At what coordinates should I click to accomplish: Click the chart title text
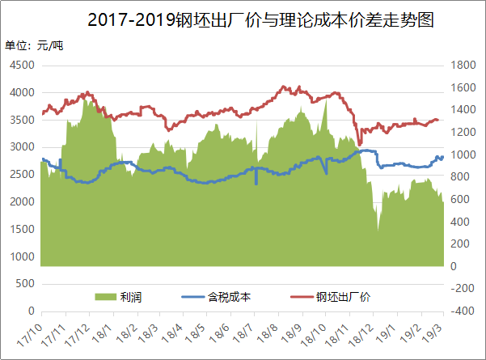[260, 19]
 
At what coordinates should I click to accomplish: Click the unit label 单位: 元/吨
[34, 45]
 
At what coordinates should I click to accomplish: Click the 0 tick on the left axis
[30, 311]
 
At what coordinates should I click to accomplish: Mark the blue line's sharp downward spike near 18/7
[256, 183]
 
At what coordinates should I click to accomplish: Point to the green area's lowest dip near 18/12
[377, 231]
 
